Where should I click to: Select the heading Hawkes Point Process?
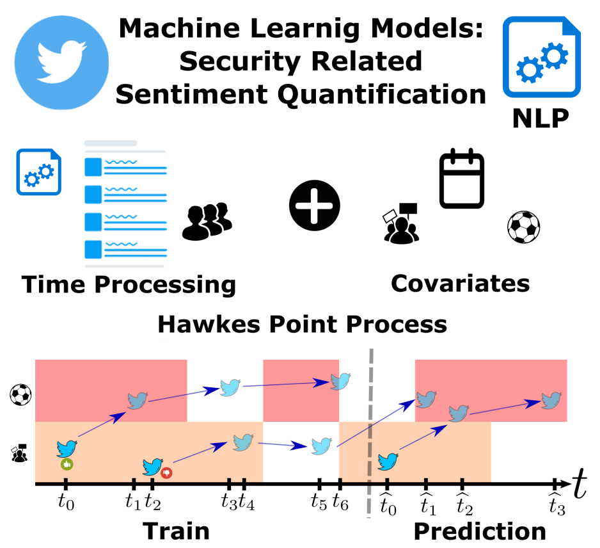point(302,324)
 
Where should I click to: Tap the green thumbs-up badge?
point(66,463)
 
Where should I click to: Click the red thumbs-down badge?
point(168,472)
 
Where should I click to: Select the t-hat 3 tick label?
point(557,505)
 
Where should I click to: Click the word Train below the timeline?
point(176,531)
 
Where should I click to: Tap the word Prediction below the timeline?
point(480,531)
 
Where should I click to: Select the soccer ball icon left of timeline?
point(19,394)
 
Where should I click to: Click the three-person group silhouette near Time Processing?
point(207,221)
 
